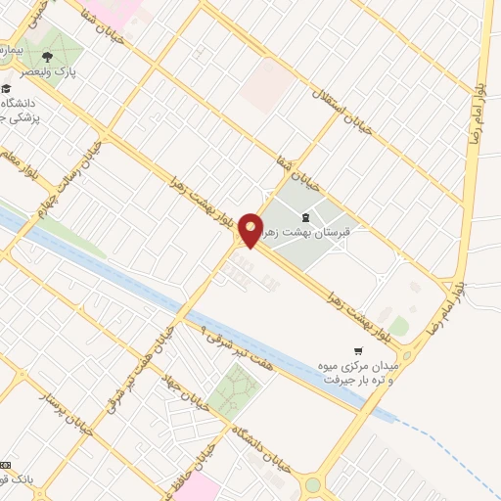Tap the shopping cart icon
coord(358,349)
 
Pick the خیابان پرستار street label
coord(60,408)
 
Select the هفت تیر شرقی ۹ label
coord(234,346)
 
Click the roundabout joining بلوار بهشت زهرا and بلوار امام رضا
coord(406,353)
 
